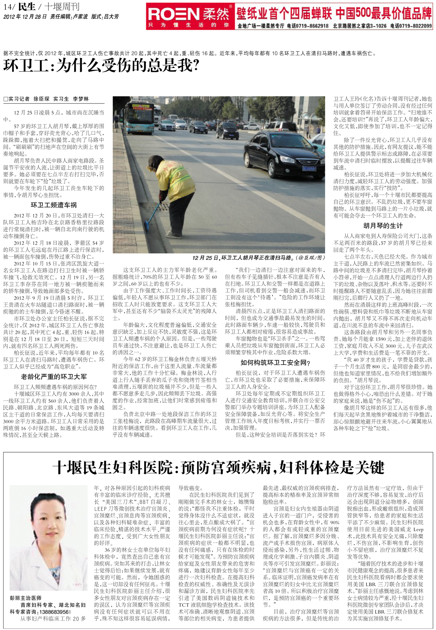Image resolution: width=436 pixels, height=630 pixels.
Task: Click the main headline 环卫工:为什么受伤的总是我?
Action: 102,66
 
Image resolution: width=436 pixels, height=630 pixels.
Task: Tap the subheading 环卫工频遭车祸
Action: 53,205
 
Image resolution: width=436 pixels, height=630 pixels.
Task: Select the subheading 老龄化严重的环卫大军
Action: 53,377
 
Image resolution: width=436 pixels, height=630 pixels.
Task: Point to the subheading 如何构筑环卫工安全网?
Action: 275,363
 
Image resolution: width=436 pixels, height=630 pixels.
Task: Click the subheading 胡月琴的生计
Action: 383,225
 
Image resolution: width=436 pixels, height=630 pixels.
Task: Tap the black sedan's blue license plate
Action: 309,168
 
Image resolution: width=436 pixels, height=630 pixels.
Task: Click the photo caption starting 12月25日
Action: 258,258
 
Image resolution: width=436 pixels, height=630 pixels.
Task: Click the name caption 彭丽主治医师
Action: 25,598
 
